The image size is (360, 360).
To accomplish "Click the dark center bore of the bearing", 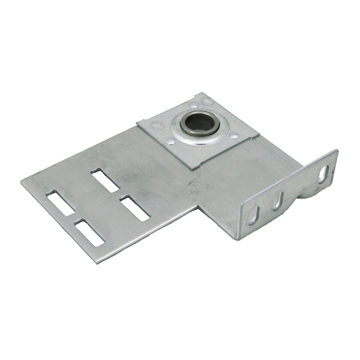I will (x=197, y=124).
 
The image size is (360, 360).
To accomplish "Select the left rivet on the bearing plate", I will (x=172, y=142).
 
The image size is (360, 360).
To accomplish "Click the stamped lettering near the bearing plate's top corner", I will (x=207, y=98).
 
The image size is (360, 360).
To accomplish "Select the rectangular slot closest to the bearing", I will (x=106, y=180).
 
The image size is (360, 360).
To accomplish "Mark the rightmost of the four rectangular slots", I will (x=134, y=208).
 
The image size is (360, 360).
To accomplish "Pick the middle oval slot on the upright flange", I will (x=278, y=201).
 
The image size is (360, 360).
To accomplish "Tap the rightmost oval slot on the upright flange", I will (x=323, y=173).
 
